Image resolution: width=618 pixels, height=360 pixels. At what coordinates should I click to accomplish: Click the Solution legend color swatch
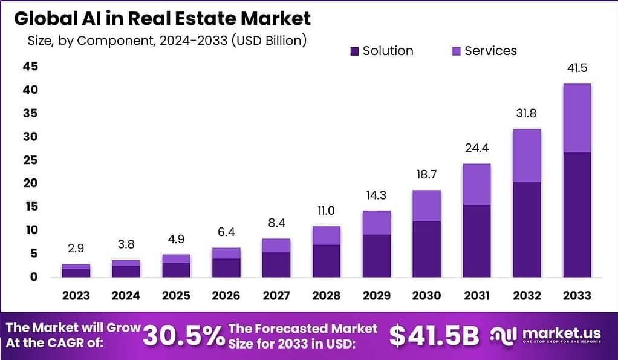(354, 51)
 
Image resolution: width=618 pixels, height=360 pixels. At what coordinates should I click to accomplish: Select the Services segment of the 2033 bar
(576, 118)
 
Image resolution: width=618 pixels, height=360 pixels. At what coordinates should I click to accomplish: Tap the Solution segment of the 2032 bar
(527, 229)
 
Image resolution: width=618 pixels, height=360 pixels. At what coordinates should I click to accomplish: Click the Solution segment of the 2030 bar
(426, 249)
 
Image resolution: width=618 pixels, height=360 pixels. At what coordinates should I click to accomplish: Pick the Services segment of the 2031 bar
(477, 184)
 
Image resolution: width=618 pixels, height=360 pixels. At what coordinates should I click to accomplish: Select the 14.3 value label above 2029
(376, 197)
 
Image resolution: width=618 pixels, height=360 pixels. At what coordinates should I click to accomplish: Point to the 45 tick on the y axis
(30, 67)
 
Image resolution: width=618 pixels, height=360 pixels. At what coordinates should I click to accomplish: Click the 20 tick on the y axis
(30, 183)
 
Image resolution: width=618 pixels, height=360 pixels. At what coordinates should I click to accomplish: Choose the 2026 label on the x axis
(226, 296)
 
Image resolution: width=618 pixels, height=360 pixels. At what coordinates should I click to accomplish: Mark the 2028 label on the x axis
(327, 296)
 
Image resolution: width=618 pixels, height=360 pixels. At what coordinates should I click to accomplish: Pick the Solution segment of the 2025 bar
(176, 270)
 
